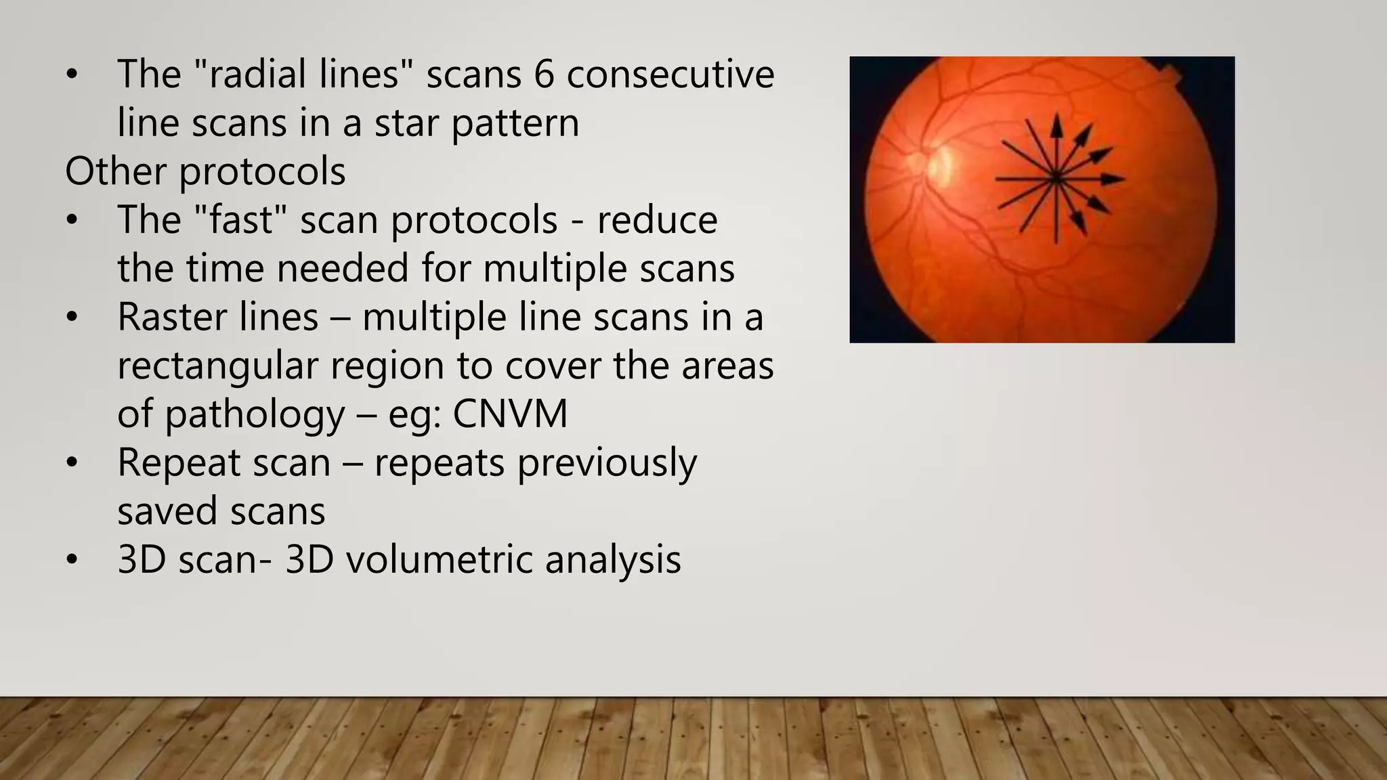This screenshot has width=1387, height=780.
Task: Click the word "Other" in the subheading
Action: coord(115,171)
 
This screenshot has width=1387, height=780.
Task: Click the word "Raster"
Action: coord(217,317)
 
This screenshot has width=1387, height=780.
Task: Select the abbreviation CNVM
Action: coord(510,414)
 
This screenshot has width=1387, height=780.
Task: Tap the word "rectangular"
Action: coord(217,366)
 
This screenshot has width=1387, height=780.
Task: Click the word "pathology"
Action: coord(255,415)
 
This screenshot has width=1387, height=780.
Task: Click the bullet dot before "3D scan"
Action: coord(72,561)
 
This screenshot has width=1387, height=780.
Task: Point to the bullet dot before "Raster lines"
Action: coord(72,318)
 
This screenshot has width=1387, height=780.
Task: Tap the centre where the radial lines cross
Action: coord(1056,179)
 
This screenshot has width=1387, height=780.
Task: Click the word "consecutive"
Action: coord(670,74)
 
